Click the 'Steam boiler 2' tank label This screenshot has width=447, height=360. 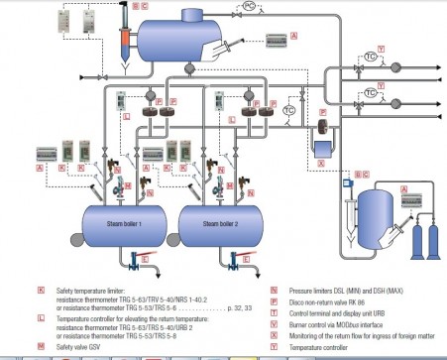tap(223, 223)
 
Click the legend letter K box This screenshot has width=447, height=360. tap(40, 293)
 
